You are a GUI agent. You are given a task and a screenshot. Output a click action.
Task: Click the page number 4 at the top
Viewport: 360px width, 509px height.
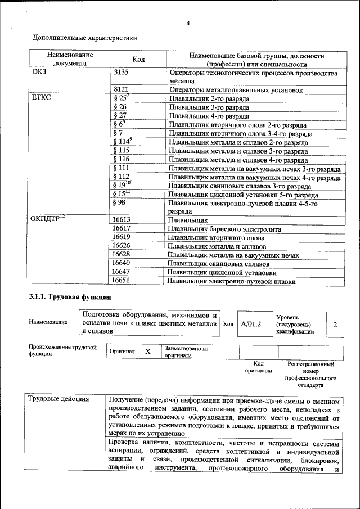[188, 23]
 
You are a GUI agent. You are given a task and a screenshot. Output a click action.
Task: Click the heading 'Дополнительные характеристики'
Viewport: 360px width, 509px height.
[85, 38]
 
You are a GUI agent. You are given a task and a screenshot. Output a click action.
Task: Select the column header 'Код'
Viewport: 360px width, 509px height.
[138, 60]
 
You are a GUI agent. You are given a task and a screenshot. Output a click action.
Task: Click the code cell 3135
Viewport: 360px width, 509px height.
[121, 73]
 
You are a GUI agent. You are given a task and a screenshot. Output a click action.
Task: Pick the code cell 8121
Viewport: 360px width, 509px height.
[121, 89]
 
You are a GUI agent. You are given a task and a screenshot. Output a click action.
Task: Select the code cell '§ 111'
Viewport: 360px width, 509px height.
[121, 168]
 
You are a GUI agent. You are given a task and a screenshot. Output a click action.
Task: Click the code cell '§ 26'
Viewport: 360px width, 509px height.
[119, 106]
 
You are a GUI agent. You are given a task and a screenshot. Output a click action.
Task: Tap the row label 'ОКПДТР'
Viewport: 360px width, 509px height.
[48, 219]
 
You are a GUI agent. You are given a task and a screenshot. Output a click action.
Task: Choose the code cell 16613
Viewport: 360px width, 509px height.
[121, 220]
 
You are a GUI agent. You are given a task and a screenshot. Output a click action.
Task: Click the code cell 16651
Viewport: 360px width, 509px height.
[121, 280]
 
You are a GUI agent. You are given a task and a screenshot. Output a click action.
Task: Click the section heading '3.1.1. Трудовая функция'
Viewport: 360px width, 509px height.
[70, 296]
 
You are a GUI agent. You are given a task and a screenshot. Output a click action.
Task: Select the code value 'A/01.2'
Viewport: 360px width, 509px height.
[251, 325]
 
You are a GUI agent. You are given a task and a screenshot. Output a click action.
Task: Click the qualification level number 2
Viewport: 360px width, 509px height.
[335, 325]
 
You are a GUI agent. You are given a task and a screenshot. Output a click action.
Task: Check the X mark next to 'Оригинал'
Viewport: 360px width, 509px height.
[148, 352]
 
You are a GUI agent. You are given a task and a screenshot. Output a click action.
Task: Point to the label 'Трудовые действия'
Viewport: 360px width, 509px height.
[58, 399]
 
